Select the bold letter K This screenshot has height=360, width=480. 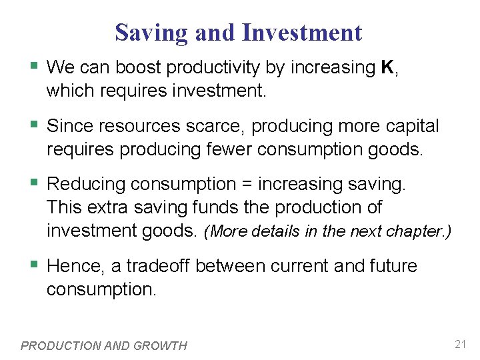(386, 67)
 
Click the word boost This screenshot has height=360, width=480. (139, 67)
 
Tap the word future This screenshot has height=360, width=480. (393, 266)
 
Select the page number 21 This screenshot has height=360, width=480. (460, 345)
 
